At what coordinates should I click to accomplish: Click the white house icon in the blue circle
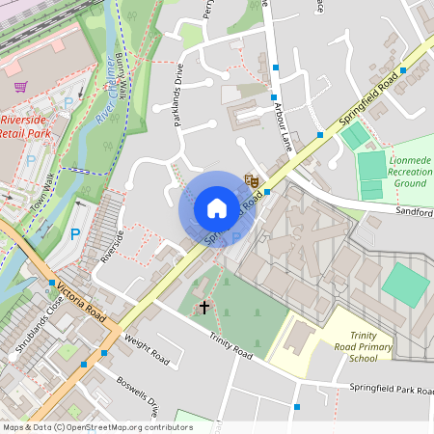coord(217,208)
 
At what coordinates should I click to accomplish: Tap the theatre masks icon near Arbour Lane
coord(252,179)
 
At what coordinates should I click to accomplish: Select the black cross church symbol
coord(203,307)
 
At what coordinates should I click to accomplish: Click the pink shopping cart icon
coord(20,86)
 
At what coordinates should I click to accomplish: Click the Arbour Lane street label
coord(273,117)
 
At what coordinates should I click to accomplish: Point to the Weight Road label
coord(147,350)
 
